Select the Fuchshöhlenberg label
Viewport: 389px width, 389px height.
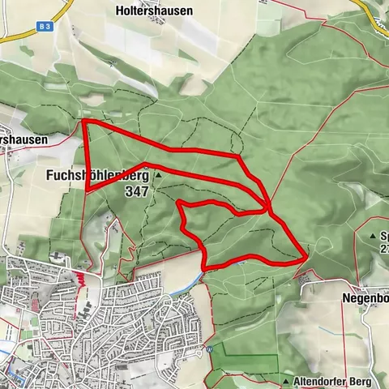pos(100,175)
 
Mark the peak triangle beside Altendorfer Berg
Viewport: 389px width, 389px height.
pos(287,380)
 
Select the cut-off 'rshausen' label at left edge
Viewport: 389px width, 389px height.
pos(24,139)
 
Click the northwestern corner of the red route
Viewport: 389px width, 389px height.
pos(85,122)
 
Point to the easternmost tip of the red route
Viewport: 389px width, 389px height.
pos(306,256)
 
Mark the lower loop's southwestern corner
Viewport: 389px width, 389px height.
pos(204,267)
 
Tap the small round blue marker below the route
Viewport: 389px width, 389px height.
pos(208,349)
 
